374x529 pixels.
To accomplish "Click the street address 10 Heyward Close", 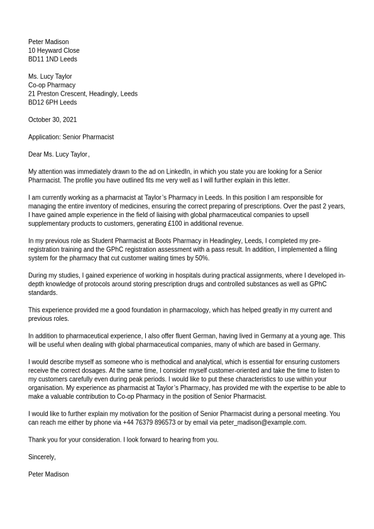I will tap(54, 50).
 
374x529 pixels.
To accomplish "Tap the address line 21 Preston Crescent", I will tap(58, 94).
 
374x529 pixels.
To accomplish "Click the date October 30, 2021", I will tap(52, 120).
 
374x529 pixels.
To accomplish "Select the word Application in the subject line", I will tap(43, 137).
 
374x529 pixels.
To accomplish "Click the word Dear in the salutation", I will tap(35, 154).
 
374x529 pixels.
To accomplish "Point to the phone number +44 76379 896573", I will tap(149, 423).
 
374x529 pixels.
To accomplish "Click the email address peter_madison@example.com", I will tap(262, 423).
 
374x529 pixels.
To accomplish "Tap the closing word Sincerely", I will tap(41, 457).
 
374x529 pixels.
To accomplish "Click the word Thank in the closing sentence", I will tap(37, 440).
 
